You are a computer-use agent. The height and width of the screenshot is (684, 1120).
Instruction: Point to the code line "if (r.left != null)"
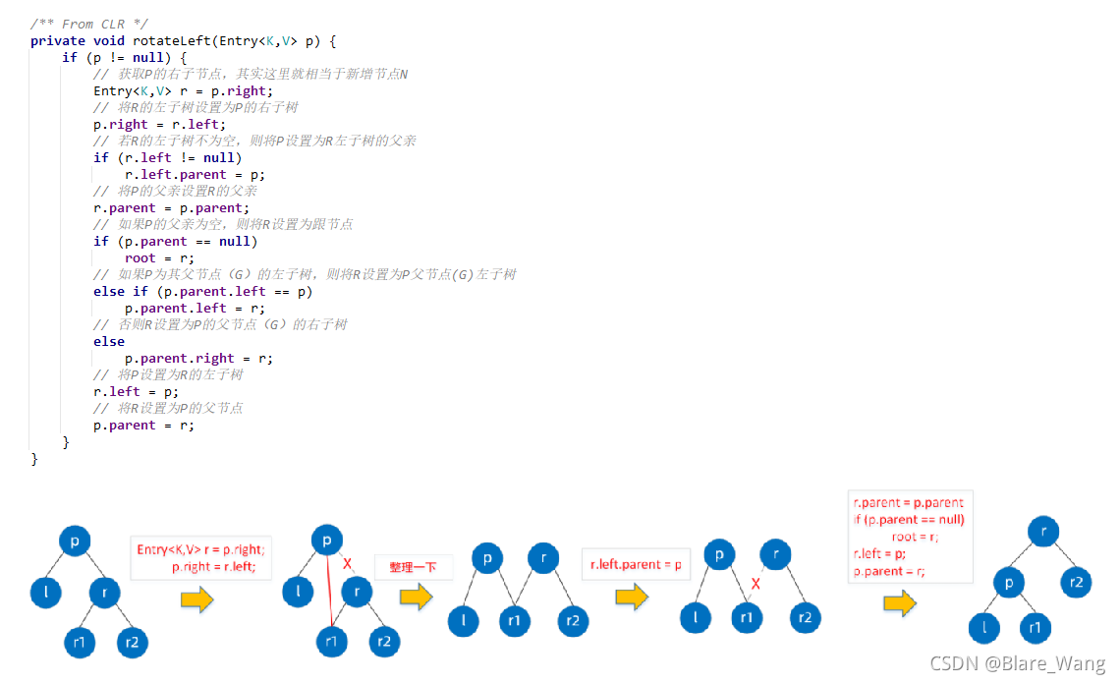tap(167, 157)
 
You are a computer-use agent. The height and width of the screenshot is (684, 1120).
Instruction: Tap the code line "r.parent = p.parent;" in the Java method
tap(171, 207)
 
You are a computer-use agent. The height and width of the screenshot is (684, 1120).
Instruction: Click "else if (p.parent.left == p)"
tap(203, 291)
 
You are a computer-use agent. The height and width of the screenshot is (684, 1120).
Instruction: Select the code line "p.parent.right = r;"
tap(198, 358)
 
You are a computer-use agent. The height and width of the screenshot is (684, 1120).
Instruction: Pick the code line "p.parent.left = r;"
tap(195, 308)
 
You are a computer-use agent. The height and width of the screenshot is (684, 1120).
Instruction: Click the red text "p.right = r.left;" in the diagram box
tap(220, 567)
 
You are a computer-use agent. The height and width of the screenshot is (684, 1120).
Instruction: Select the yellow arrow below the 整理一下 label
tap(416, 597)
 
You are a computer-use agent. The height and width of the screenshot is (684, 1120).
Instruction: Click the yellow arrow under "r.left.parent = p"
tap(632, 597)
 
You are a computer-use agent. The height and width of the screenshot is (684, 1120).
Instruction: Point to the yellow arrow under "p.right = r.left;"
tap(196, 600)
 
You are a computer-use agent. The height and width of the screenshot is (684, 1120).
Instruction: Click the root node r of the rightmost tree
tap(1043, 532)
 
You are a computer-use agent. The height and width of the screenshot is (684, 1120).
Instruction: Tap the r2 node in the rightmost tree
tap(1077, 582)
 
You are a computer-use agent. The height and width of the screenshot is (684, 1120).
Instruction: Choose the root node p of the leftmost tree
tap(75, 541)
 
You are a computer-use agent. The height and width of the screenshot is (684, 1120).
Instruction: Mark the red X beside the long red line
tap(347, 564)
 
